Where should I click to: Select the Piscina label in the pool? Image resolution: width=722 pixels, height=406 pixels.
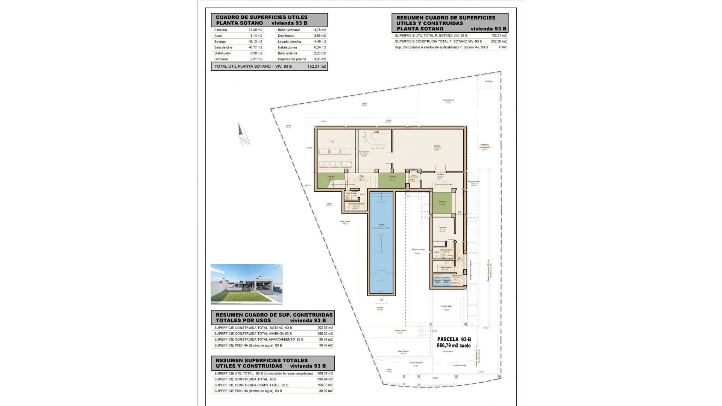(x=381, y=225)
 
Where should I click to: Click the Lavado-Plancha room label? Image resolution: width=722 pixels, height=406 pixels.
(x=445, y=268)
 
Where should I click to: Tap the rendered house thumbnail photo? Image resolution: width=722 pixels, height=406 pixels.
(x=246, y=284)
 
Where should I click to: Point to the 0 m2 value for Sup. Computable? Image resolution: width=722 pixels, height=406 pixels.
(x=503, y=47)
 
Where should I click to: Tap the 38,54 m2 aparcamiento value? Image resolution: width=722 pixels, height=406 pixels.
(x=326, y=339)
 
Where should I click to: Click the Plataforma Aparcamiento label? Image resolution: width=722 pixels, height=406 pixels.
(x=485, y=146)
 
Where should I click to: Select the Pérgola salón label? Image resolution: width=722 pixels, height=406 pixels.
(x=447, y=306)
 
